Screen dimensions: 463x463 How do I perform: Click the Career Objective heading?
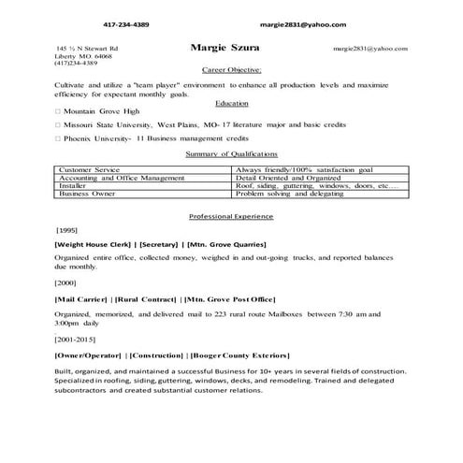click(231, 70)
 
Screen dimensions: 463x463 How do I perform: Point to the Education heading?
click(231, 102)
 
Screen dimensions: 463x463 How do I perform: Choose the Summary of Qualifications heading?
click(231, 153)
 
